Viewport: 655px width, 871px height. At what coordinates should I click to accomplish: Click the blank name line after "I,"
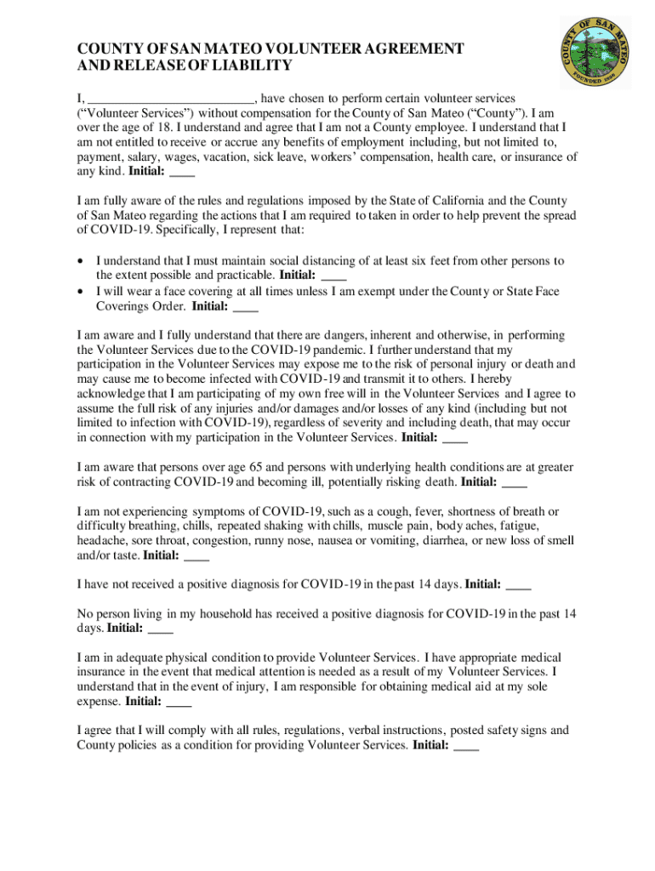[171, 99]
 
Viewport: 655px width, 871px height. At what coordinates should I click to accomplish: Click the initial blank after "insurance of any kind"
[183, 172]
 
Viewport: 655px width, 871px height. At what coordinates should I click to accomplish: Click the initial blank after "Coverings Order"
[245, 306]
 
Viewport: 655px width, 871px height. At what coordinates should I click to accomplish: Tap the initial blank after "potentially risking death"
[515, 482]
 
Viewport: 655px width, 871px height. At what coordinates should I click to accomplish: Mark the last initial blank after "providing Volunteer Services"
[467, 745]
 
